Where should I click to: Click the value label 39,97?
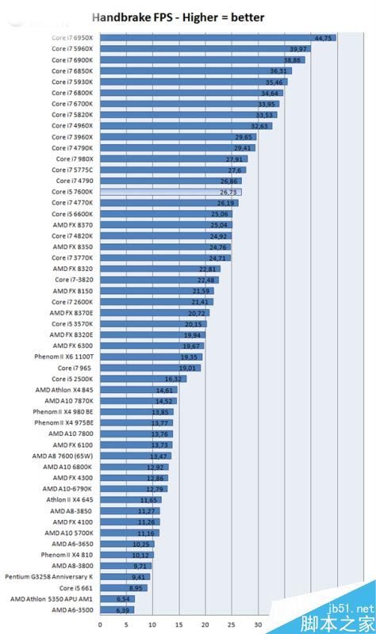[300, 49]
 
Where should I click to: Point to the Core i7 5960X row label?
[72, 49]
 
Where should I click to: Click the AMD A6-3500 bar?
[116, 609]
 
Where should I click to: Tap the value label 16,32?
[174, 379]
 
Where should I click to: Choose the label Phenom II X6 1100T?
[63, 357]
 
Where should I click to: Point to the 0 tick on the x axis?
[99, 624]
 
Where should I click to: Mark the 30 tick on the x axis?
[258, 624]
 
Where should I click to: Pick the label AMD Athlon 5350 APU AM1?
[52, 598]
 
